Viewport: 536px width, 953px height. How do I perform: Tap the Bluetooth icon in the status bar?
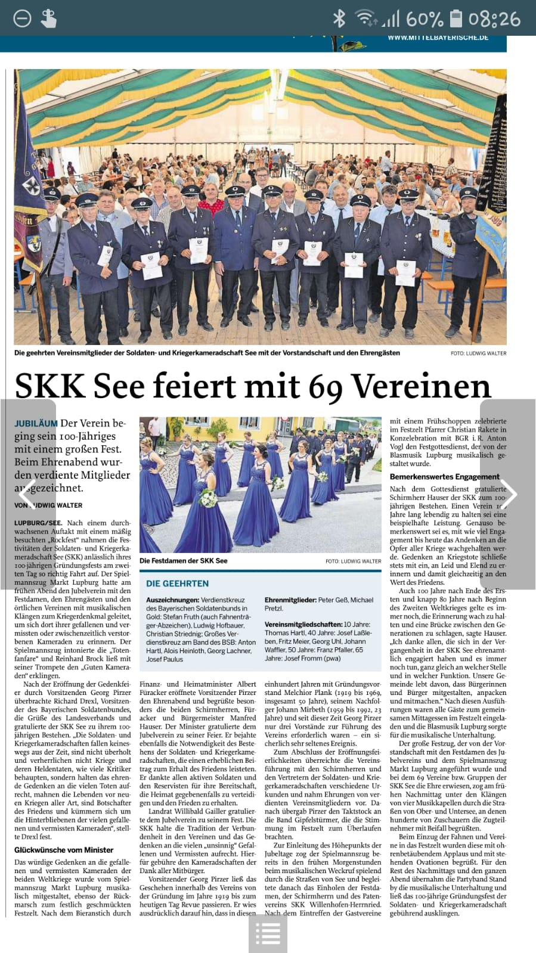[x=339, y=18]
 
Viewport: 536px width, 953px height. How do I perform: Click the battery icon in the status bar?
[x=456, y=18]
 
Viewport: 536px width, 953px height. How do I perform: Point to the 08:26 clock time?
[x=494, y=19]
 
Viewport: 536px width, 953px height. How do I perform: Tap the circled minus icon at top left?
[x=22, y=19]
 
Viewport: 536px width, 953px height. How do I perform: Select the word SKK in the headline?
[x=50, y=386]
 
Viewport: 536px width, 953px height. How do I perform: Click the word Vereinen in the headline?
[x=421, y=387]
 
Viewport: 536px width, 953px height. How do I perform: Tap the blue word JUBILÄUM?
[x=36, y=423]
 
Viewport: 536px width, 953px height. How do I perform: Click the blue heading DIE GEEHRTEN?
[x=177, y=583]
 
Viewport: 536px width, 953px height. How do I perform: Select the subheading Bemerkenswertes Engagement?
[x=444, y=477]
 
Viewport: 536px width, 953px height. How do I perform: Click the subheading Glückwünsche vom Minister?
[x=64, y=850]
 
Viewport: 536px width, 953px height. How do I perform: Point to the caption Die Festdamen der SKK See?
[x=183, y=561]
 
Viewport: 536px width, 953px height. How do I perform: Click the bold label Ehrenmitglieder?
[x=290, y=600]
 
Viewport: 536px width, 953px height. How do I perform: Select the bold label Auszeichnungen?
[x=172, y=600]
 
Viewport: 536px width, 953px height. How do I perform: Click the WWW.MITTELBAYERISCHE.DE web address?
[x=438, y=38]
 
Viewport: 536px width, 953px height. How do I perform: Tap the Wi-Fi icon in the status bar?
[x=365, y=18]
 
